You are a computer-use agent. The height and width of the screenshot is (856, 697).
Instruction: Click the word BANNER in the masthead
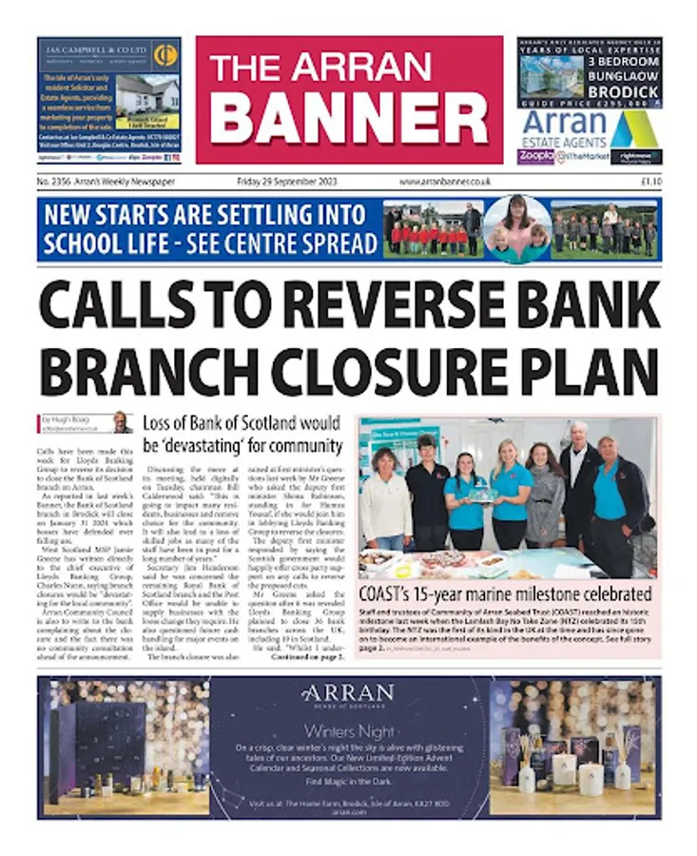coord(348,118)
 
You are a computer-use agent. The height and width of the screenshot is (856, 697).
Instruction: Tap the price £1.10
coord(650,181)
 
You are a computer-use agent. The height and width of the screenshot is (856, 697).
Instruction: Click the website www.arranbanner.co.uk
coord(444,181)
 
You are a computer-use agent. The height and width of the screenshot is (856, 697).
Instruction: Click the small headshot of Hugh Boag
coord(122,422)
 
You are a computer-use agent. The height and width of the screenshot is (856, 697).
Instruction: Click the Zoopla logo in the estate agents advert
coord(536,156)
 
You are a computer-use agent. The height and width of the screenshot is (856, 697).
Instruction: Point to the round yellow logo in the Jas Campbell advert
coord(165,54)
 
